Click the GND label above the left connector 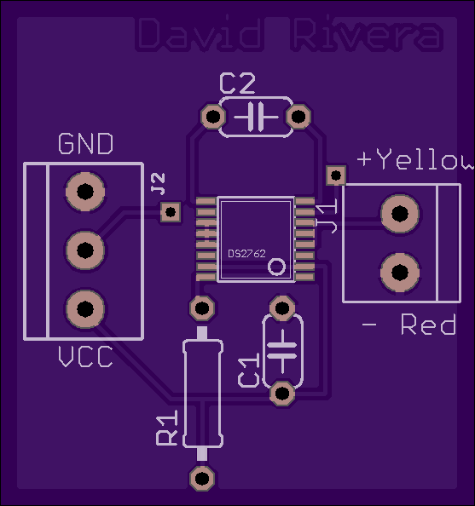pos(86,144)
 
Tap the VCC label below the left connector pos(85,357)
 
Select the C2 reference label pos(237,83)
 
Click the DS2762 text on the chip pos(246,254)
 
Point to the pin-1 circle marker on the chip pos(277,267)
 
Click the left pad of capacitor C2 pos(213,116)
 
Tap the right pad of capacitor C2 pos(298,116)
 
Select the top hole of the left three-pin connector pos(85,192)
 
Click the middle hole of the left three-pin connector pos(85,250)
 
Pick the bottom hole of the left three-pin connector pos(85,309)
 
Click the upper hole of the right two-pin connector pos(400,214)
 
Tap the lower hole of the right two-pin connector pos(400,273)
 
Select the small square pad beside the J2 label pos(171,212)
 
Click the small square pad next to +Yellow pos(336,175)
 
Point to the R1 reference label pos(167,428)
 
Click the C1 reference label pos(248,371)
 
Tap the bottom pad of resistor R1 pos(202,478)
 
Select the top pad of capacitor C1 pos(282,308)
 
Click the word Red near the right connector pos(428,325)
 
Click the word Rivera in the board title pos(367,34)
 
